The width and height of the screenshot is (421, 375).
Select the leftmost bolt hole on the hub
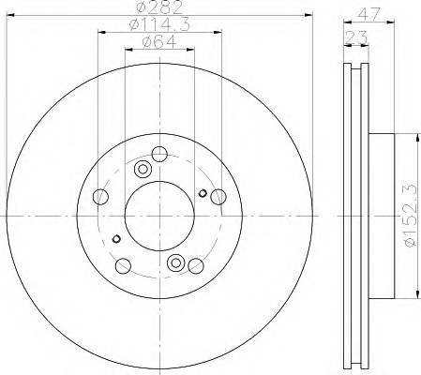coord(102,197)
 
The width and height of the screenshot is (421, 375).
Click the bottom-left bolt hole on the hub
coord(122,264)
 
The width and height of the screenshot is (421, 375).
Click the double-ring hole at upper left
coord(143,170)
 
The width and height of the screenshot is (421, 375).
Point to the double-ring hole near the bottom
coord(174,263)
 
